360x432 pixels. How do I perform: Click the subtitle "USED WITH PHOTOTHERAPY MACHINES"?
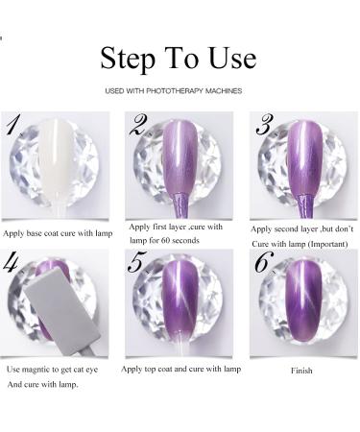(180, 91)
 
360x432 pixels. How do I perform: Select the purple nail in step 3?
(300, 158)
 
